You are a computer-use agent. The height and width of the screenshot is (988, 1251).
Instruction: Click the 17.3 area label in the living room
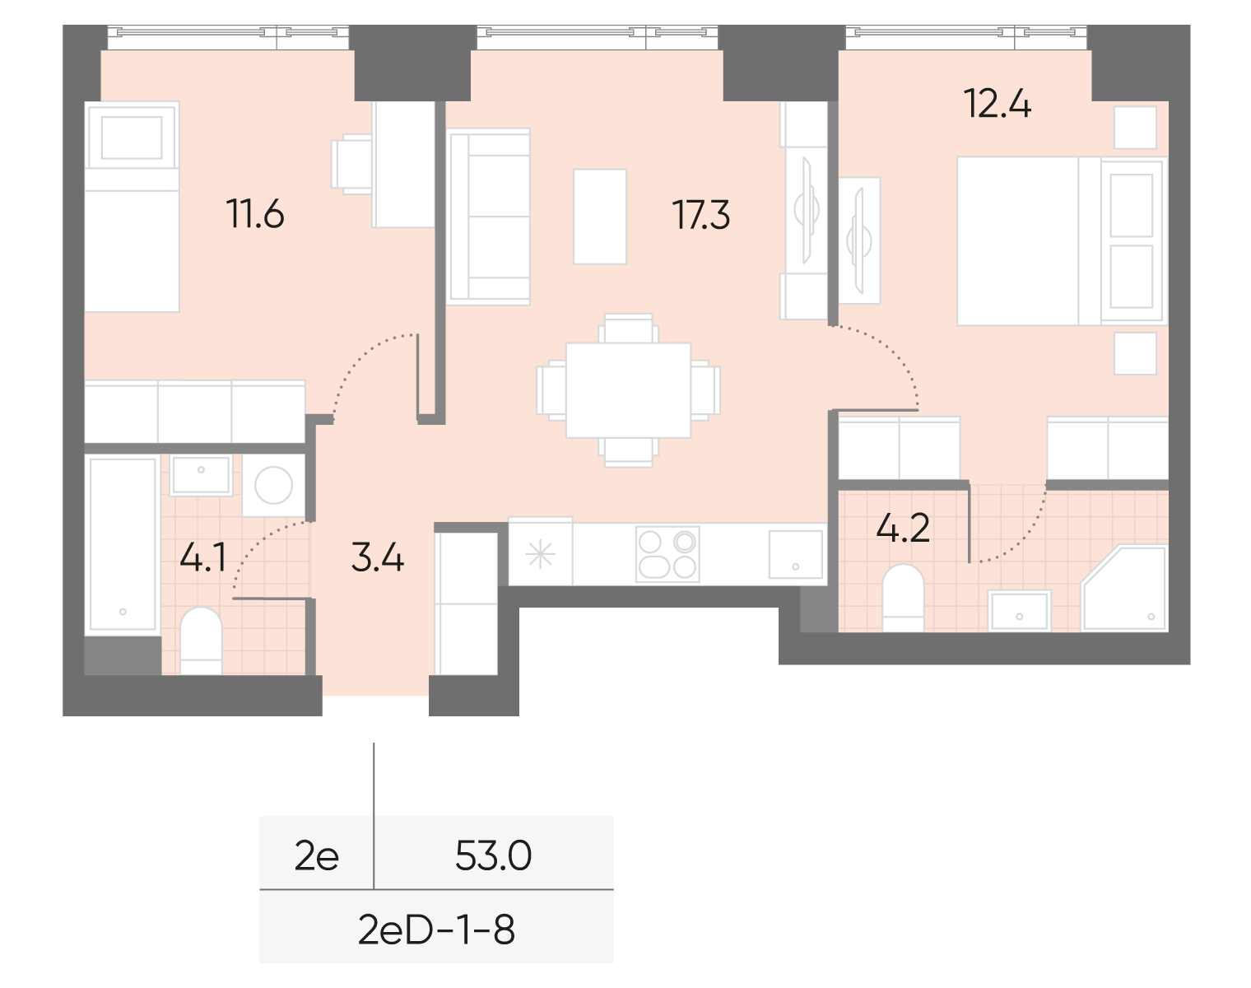pos(701,216)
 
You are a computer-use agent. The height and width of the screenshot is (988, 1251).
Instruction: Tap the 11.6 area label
pos(256,216)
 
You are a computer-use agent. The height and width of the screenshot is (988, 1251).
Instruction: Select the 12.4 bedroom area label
pos(998,106)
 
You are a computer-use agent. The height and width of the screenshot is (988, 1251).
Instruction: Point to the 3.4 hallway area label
pos(377,559)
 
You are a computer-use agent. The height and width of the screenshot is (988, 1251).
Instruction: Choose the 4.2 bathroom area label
pos(903,529)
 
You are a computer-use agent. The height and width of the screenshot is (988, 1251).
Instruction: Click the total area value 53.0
pos(494,857)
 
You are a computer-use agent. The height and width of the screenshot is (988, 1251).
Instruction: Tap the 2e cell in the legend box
pos(317,857)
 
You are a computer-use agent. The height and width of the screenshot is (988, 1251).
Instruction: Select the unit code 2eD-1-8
pos(436,930)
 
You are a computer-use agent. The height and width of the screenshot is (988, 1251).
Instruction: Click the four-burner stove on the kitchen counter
pos(667,554)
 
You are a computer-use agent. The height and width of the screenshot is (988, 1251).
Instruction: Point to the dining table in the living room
pos(628,390)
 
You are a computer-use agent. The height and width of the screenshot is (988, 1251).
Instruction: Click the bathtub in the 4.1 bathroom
pos(123,543)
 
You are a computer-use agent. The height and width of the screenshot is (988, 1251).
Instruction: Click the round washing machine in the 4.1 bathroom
pos(273,486)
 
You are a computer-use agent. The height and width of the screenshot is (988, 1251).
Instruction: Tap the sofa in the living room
pos(487,217)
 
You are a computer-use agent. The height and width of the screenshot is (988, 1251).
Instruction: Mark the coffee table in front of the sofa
pos(600,216)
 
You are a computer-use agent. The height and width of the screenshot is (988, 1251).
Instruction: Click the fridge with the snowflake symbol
pos(540,554)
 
